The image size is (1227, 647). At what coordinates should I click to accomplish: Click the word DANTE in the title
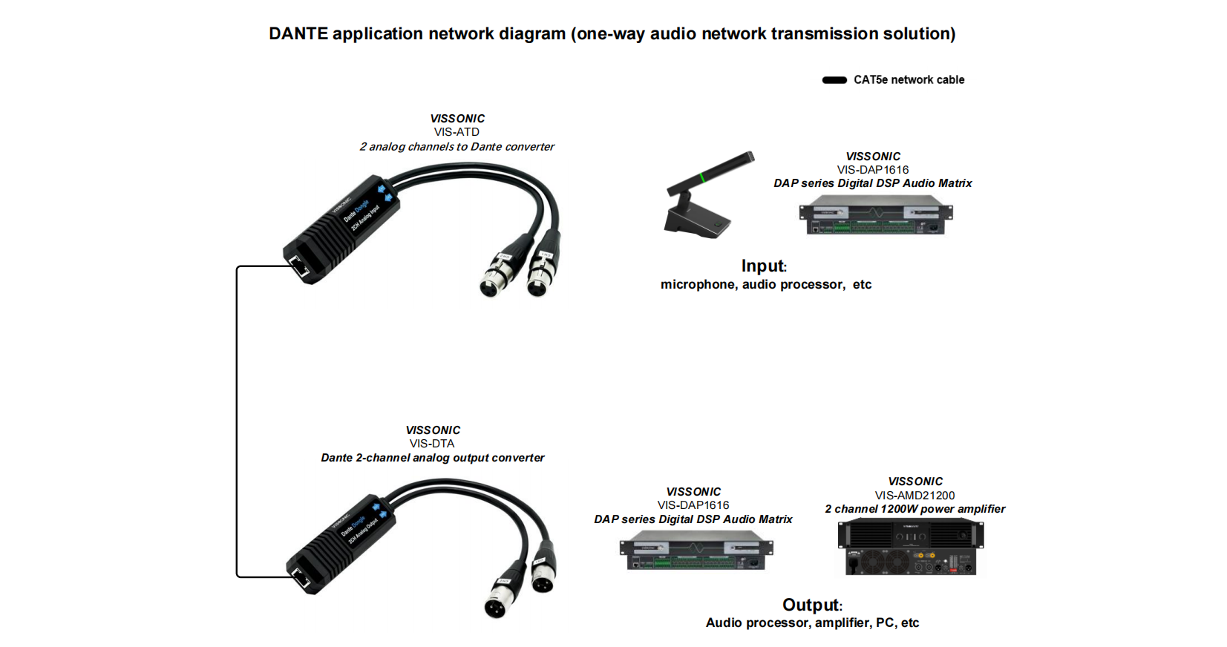click(x=298, y=34)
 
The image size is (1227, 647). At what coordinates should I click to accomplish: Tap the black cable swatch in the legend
click(x=834, y=80)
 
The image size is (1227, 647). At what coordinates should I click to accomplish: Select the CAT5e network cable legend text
click(x=909, y=80)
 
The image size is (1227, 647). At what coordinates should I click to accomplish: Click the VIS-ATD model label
click(x=457, y=132)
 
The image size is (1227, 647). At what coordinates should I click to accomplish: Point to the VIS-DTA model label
click(x=432, y=444)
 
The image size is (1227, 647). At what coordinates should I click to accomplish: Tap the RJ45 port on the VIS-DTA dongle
click(x=301, y=577)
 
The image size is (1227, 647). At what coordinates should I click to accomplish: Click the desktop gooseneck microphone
click(x=702, y=200)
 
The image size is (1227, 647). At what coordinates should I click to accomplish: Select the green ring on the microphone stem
click(x=702, y=177)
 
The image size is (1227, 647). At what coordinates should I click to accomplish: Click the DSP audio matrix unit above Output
click(x=696, y=553)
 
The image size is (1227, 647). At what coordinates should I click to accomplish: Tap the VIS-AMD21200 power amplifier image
click(x=911, y=548)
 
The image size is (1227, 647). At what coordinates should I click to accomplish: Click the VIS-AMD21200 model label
click(x=914, y=496)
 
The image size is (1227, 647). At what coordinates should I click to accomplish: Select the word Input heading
click(x=762, y=266)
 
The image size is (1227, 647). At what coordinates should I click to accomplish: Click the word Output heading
click(x=811, y=605)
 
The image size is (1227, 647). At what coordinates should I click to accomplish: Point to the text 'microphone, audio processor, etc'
click(x=766, y=285)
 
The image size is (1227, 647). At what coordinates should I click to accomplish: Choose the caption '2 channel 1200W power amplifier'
click(x=914, y=509)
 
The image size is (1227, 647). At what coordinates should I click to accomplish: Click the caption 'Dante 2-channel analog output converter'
click(x=432, y=458)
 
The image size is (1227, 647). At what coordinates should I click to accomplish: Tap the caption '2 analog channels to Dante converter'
click(x=457, y=147)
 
